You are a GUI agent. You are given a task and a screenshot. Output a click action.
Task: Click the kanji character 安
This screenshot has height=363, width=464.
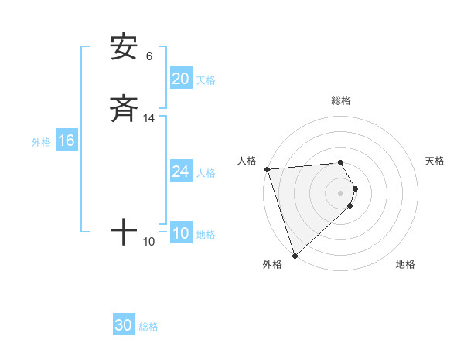[124, 48]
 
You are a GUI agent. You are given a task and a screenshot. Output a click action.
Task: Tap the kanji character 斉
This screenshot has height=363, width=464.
[124, 109]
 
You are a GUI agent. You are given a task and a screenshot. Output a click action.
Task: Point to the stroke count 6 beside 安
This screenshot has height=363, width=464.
[149, 56]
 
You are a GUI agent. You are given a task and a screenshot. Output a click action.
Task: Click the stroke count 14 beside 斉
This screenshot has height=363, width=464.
[149, 118]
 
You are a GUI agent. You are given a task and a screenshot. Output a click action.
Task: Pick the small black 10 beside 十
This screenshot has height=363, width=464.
[149, 242]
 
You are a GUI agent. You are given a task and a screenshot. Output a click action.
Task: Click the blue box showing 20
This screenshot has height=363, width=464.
[181, 79]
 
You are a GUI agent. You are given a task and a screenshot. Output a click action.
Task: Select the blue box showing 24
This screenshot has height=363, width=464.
[181, 171]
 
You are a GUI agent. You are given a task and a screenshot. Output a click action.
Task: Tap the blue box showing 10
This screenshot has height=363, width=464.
[181, 233]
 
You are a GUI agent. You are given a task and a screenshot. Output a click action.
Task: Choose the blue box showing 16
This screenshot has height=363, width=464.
[66, 141]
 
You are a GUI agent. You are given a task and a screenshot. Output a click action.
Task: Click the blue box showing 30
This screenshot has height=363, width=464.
[124, 325]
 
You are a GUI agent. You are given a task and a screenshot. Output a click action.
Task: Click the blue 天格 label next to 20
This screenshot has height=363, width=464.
[206, 80]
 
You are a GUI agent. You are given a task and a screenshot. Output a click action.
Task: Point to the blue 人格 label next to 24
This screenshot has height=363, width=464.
[206, 173]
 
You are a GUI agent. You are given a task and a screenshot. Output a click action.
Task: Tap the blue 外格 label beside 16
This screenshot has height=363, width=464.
[41, 142]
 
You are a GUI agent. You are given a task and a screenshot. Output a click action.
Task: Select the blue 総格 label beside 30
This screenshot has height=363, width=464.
[148, 327]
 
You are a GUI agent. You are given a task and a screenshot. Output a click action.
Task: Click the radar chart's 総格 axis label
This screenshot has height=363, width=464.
[341, 100]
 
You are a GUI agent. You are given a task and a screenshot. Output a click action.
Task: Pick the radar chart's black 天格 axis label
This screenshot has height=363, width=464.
[435, 161]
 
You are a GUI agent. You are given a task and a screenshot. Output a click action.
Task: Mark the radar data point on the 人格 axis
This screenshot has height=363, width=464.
[267, 169]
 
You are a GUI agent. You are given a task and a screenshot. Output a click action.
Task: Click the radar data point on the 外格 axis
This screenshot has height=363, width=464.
[295, 255]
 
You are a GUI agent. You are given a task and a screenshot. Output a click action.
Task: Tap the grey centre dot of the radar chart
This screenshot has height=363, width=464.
[341, 192]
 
